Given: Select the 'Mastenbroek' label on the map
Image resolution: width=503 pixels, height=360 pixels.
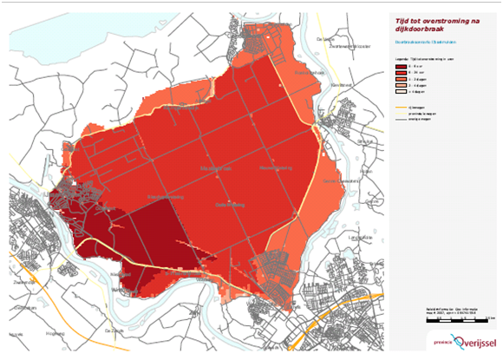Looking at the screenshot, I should [217, 164].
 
